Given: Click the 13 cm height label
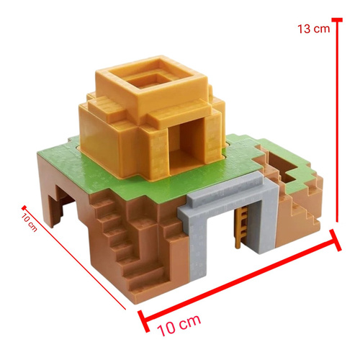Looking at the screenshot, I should (x=311, y=29).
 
